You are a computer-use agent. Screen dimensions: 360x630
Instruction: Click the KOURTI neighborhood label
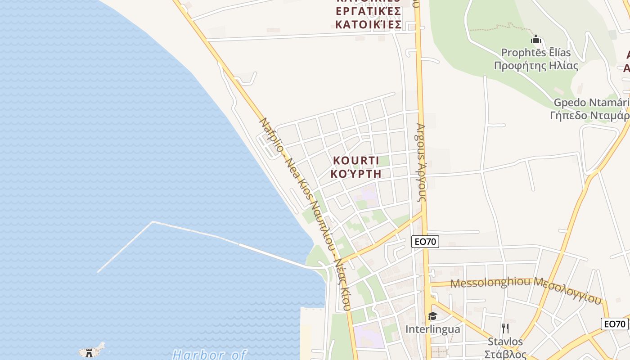point(356,161)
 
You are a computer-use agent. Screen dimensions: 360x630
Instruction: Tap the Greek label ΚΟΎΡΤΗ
point(356,174)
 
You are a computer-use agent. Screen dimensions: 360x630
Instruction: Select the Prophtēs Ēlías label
point(535,53)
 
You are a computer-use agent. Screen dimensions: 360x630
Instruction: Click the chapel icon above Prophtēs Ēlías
point(535,40)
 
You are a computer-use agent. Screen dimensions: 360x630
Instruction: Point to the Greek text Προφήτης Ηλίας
point(535,66)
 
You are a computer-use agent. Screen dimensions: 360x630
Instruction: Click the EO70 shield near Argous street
point(425,242)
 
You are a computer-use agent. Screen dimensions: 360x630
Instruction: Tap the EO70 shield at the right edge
point(615,324)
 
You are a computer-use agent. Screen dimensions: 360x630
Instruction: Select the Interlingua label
point(432,329)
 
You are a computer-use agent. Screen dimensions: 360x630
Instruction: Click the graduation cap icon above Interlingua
point(432,316)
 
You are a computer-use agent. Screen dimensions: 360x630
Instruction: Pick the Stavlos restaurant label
point(505,342)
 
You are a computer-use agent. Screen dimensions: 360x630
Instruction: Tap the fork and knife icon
point(505,328)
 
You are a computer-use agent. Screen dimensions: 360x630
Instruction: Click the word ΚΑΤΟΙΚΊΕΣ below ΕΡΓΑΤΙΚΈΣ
point(368,25)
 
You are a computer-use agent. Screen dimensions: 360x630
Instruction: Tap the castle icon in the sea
point(90,353)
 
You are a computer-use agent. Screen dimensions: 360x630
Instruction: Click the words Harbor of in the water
point(209,355)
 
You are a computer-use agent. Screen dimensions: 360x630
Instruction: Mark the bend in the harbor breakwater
point(153,222)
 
